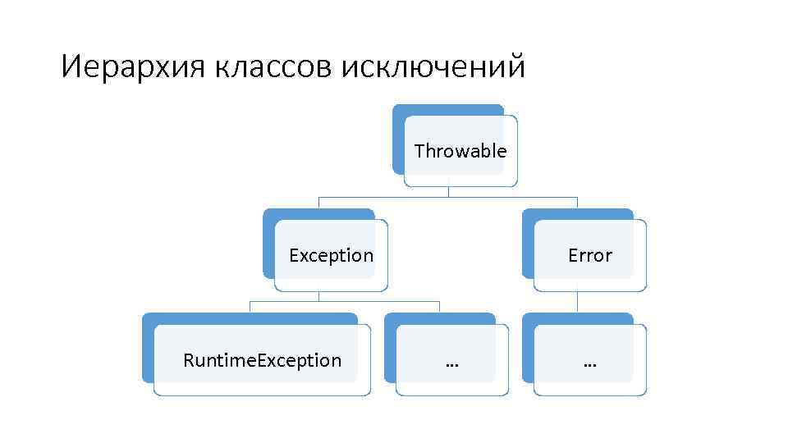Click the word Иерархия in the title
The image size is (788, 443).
(x=133, y=66)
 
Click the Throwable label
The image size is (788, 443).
(x=460, y=151)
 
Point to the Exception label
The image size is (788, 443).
(x=331, y=255)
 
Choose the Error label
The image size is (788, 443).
(x=589, y=255)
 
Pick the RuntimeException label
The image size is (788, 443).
(x=262, y=360)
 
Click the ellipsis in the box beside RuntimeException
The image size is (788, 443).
(x=451, y=360)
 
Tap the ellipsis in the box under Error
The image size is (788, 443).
(x=589, y=360)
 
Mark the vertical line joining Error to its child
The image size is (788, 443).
(x=577, y=302)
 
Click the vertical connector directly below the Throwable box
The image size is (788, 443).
(x=448, y=191)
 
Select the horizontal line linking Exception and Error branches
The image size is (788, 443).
(x=448, y=198)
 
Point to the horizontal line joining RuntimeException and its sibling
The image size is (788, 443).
(x=345, y=302)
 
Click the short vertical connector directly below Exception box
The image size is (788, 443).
(x=318, y=296)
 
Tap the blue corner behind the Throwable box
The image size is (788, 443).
(x=397, y=110)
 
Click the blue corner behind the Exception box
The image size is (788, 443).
(x=268, y=215)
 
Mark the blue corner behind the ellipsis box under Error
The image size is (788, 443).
(x=527, y=319)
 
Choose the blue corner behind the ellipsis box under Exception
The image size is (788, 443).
(x=389, y=319)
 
